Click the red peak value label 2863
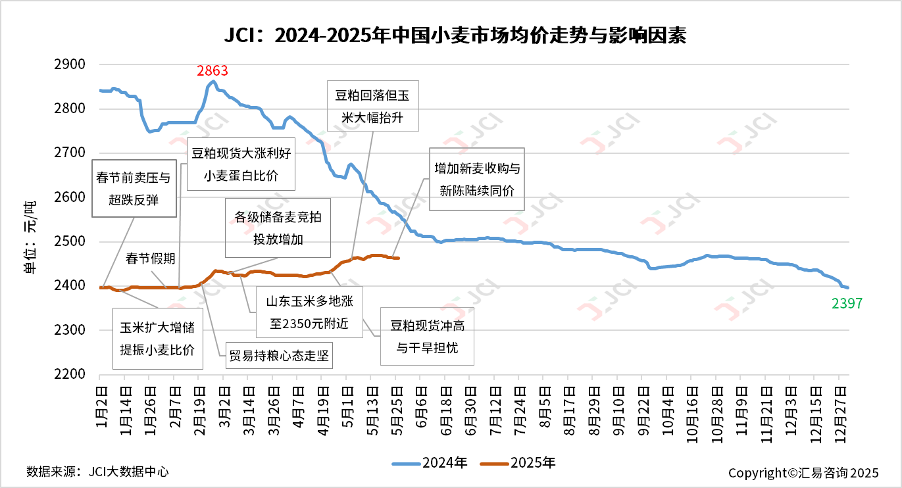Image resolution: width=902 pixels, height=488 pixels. click(x=213, y=71)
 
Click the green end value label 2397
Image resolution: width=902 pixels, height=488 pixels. click(x=845, y=303)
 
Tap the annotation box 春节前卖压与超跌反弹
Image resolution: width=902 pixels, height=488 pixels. click(x=135, y=189)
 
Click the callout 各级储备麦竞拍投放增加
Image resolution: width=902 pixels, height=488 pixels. click(x=278, y=228)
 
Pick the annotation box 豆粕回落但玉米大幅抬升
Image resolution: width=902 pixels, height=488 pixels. click(x=372, y=107)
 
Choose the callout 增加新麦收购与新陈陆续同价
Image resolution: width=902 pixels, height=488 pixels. click(x=477, y=179)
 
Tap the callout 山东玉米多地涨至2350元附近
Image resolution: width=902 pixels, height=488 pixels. click(x=310, y=312)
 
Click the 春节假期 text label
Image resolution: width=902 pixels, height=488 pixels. click(x=151, y=258)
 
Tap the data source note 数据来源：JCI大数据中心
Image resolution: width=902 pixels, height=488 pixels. click(x=97, y=472)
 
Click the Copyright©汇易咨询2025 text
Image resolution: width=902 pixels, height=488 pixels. click(x=803, y=473)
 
